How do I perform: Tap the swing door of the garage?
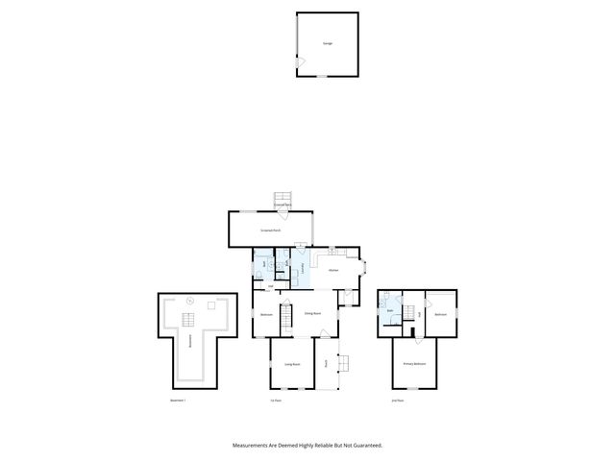301,63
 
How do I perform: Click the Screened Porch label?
270,230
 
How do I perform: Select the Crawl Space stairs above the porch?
283,197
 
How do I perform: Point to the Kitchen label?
333,271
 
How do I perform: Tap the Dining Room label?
312,314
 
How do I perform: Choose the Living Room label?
292,364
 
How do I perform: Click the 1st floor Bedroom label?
267,314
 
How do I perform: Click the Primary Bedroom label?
414,364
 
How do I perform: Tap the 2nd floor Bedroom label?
440,314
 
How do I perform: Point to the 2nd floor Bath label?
390,311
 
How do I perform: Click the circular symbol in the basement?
189,303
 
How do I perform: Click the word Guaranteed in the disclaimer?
363,445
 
